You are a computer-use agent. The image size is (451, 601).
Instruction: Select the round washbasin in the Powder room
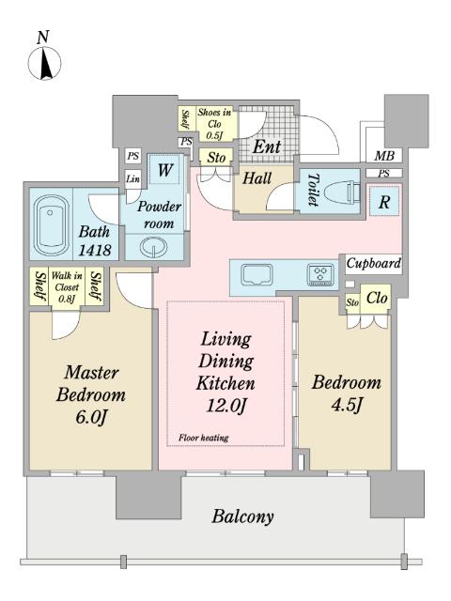[153, 248]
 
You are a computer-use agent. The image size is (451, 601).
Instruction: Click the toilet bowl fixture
[342, 191]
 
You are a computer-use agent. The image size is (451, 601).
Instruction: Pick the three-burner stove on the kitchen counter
[320, 274]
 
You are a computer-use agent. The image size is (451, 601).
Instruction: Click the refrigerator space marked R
[384, 202]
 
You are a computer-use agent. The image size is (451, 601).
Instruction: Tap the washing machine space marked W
[165, 169]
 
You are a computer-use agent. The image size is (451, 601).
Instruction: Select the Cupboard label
[374, 264]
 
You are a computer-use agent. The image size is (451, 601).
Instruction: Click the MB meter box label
[384, 156]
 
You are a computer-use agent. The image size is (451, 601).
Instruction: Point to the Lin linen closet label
[133, 178]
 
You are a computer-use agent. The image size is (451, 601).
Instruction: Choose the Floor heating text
[204, 438]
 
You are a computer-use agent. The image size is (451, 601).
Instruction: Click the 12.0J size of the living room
[226, 406]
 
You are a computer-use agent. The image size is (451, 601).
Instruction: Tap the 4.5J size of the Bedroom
[347, 405]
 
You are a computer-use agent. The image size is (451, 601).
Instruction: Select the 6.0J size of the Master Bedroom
[90, 417]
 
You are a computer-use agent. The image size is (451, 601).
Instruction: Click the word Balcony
[242, 516]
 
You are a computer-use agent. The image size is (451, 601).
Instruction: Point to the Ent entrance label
[267, 146]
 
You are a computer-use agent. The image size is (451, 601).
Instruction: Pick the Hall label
[257, 178]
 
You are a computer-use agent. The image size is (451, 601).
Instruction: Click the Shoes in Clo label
[214, 123]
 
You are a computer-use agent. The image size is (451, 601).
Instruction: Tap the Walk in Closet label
[67, 286]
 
